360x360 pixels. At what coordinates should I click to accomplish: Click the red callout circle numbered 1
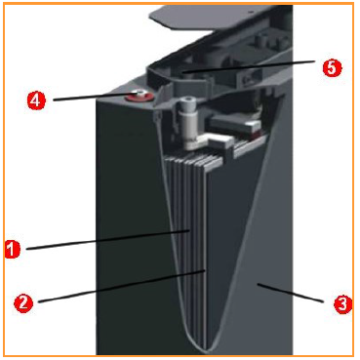coord(13,250)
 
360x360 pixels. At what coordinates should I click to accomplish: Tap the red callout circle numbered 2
coord(23,303)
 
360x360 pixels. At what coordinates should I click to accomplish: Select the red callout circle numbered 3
coord(342,304)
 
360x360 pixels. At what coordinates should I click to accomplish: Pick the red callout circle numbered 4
coord(36,100)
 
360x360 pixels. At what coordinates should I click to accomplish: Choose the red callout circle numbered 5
coord(332,68)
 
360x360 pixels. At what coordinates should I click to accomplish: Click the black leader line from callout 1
coord(108,240)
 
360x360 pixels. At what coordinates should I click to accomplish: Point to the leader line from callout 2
coord(122,286)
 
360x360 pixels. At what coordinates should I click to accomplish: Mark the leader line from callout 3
coord(291,294)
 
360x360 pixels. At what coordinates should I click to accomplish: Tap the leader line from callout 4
coord(95,97)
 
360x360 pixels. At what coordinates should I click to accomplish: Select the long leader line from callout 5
coord(248,67)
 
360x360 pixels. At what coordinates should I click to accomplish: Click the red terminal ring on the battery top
coord(140,97)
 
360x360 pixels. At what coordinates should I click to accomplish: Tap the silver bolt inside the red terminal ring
coord(140,94)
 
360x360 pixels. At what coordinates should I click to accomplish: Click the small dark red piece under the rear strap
coord(257,134)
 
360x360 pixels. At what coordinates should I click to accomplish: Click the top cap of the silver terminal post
coord(187,100)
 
